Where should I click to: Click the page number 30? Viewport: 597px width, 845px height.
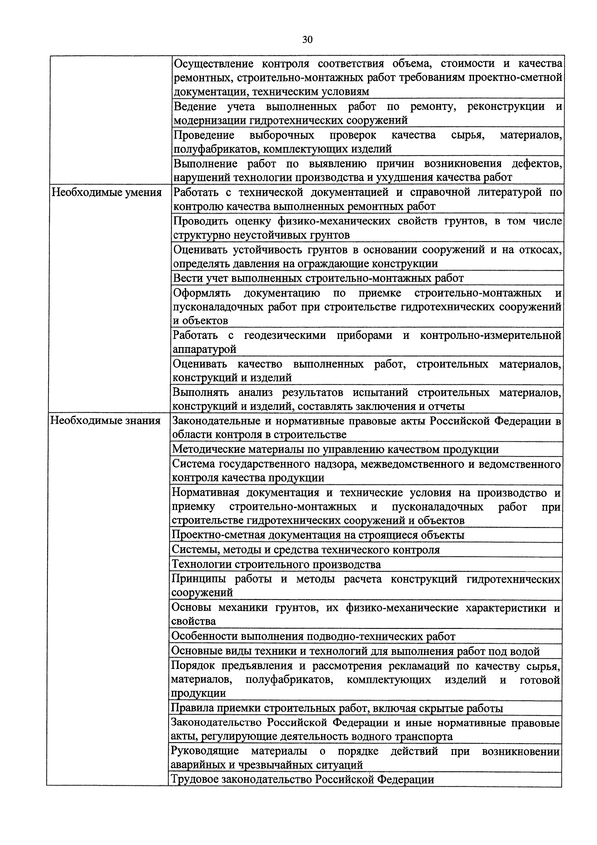coord(307,39)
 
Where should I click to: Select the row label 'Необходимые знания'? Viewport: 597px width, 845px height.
coord(105,421)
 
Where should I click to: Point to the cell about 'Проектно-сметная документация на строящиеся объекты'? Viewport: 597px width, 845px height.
coord(318,535)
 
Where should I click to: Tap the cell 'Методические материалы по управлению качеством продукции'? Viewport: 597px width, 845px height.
coord(335,449)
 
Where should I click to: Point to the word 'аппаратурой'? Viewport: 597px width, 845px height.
coord(204,349)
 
